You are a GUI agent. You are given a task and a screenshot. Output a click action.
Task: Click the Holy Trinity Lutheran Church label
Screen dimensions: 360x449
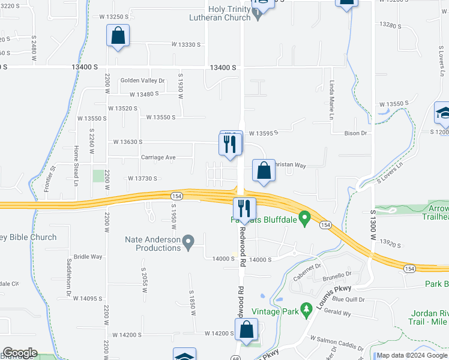(x=229, y=13)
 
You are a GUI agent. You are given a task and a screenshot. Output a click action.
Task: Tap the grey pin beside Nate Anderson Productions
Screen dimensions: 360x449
(x=188, y=243)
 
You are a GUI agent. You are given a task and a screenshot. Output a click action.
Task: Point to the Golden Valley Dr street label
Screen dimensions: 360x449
(x=142, y=80)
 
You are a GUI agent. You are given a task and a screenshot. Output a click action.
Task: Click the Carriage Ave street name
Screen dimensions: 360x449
(x=158, y=158)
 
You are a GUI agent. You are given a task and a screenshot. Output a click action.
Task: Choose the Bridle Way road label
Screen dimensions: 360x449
(x=88, y=257)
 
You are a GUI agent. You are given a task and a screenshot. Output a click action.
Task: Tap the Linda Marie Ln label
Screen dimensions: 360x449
(x=331, y=100)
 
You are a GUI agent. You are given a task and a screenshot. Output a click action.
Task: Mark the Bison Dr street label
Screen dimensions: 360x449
(x=355, y=133)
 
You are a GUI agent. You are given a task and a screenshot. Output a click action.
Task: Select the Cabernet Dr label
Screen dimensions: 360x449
(x=307, y=273)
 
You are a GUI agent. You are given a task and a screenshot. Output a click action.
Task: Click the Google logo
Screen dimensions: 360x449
(x=20, y=353)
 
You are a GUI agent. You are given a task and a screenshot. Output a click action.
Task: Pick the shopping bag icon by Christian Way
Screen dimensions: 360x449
(x=264, y=170)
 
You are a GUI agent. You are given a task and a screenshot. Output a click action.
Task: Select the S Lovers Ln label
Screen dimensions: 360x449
(x=390, y=173)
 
